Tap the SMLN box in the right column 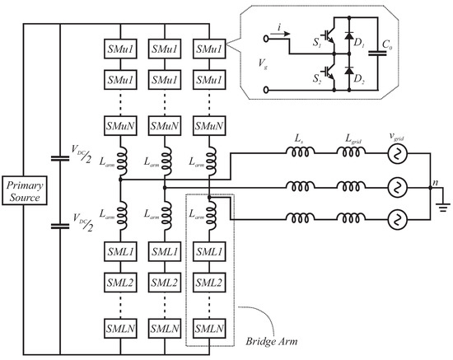pos(210,330)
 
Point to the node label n pos(436,175)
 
